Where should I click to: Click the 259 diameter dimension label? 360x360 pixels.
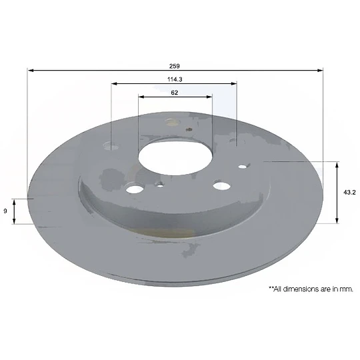[x=175, y=66]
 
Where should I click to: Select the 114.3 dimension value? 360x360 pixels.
[x=175, y=79]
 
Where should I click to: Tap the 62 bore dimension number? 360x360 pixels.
[x=175, y=93]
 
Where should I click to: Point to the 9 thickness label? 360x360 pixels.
[x=5, y=211]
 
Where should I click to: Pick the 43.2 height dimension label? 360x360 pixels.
[x=349, y=193]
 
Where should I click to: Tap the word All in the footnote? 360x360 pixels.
[x=277, y=289]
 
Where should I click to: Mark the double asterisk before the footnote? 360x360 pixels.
[x=271, y=287]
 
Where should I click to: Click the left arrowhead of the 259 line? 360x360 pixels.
[x=30, y=70]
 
